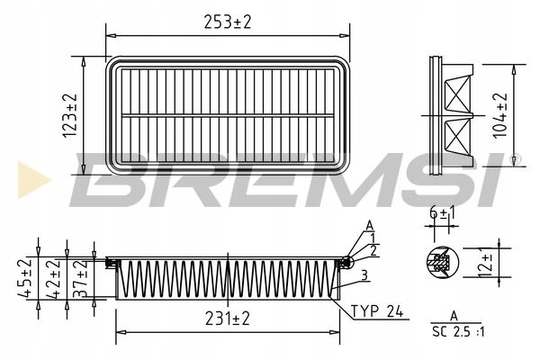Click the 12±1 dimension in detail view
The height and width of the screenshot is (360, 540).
(x=487, y=266)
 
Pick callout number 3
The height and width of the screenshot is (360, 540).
(x=364, y=274)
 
